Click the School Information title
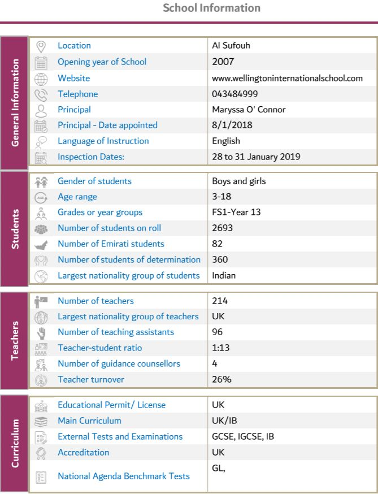(x=211, y=8)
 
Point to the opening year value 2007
(x=223, y=62)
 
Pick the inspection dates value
(x=256, y=157)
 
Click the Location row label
(x=74, y=46)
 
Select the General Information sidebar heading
(x=15, y=102)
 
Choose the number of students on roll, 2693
(x=222, y=228)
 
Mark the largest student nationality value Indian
(x=224, y=276)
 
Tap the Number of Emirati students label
(x=111, y=244)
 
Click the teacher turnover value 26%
(x=221, y=380)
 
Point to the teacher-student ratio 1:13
(x=220, y=348)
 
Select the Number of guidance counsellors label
(x=119, y=364)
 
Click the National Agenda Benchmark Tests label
(x=124, y=476)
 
